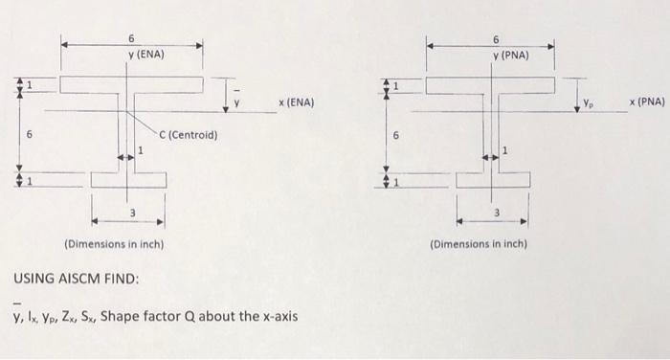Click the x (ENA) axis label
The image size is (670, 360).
click(x=297, y=101)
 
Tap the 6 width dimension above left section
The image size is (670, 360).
click(x=131, y=37)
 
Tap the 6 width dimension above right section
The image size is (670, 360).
click(x=497, y=39)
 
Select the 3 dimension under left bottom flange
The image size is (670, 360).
click(x=133, y=213)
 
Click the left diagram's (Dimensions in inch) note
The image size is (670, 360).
click(x=114, y=244)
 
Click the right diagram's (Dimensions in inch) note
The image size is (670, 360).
click(x=479, y=245)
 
